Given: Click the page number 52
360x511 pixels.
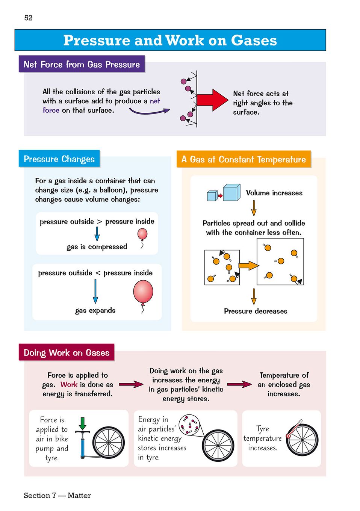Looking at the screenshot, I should tap(28, 18).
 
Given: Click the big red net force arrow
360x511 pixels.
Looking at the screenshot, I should tap(212, 100).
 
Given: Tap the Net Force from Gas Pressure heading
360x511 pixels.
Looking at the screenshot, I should tap(82, 64).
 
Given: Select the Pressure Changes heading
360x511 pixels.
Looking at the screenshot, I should tap(59, 159).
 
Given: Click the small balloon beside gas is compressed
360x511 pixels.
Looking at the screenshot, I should tap(142, 234).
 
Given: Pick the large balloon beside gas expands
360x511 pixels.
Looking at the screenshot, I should tap(143, 292).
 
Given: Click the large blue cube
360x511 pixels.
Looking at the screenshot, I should tap(231, 192).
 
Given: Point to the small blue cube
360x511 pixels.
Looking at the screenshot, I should tap(212, 195).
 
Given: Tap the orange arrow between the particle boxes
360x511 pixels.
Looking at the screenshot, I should tap(248, 266).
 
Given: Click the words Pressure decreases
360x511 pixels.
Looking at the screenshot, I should tap(256, 311).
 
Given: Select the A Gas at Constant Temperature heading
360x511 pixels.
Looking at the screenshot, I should tap(244, 159).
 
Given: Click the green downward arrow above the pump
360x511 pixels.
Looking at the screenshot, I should tap(83, 423).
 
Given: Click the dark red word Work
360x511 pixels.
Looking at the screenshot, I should tap(69, 384).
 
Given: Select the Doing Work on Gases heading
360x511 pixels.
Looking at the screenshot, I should tap(67, 353).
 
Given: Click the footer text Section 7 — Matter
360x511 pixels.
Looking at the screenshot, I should tap(57, 495).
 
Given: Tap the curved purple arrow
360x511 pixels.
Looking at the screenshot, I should tap(149, 111).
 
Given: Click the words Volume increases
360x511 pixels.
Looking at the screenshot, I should tap(274, 193).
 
